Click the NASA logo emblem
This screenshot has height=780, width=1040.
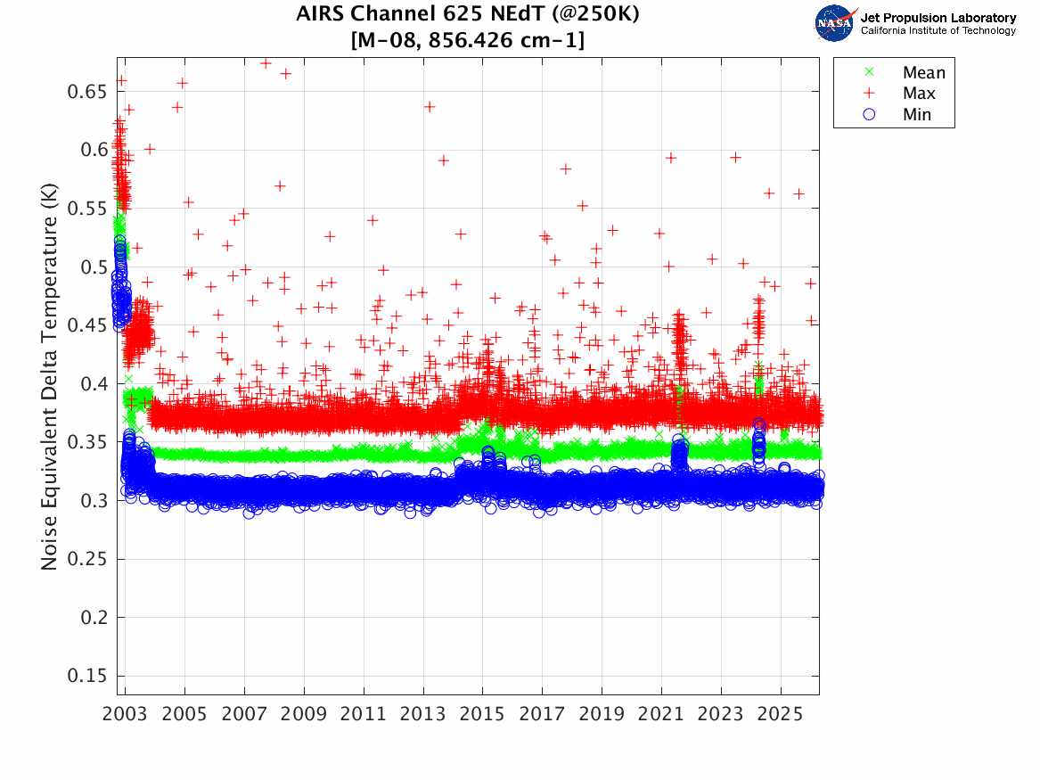click(x=836, y=23)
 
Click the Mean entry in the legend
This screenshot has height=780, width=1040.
click(x=923, y=73)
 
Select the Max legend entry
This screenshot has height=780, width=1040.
click(x=919, y=94)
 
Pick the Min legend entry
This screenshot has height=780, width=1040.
click(x=917, y=114)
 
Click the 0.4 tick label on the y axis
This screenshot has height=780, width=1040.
click(x=94, y=384)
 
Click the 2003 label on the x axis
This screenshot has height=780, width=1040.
click(x=126, y=715)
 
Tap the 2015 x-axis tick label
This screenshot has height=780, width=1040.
click(x=483, y=715)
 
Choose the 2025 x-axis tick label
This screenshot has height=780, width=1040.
click(x=781, y=715)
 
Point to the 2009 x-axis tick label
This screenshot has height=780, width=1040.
click(x=304, y=715)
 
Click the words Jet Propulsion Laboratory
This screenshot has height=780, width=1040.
click(x=938, y=18)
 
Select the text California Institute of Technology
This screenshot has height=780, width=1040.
click(x=938, y=31)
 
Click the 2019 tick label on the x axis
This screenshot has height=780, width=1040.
click(x=602, y=715)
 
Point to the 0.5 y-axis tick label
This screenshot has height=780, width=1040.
click(x=94, y=267)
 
